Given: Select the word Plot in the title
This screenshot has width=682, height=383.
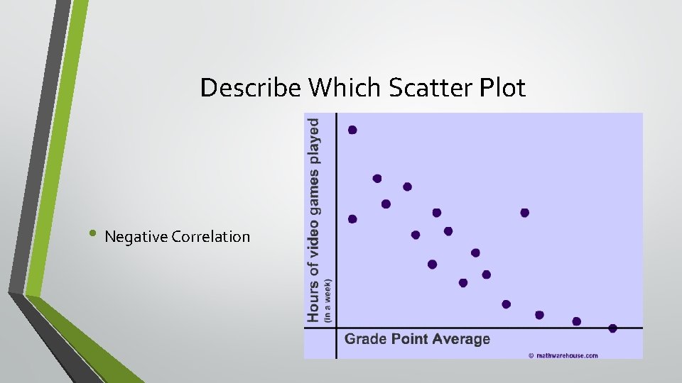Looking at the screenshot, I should click(x=503, y=88).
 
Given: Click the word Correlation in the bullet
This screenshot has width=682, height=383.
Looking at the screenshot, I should click(x=211, y=237).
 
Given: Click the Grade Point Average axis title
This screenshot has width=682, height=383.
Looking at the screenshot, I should click(x=417, y=339).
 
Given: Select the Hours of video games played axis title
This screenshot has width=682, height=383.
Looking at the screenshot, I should click(x=313, y=219).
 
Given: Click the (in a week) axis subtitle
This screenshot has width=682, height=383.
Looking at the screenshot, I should click(x=328, y=300).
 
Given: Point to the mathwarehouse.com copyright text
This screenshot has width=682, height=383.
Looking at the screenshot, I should click(x=563, y=355).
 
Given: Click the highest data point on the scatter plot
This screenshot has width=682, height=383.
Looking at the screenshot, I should click(x=352, y=130).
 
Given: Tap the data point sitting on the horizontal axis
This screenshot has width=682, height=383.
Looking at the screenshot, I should click(x=612, y=328).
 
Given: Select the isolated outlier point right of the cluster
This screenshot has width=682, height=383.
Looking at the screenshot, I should click(x=525, y=213).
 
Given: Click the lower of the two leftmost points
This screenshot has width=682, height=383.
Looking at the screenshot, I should click(x=352, y=219).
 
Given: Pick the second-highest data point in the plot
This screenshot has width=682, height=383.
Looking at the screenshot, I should click(x=377, y=179).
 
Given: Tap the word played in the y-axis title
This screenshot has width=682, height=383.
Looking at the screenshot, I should click(x=313, y=140).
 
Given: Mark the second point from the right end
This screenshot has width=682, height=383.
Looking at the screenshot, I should click(x=576, y=321).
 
